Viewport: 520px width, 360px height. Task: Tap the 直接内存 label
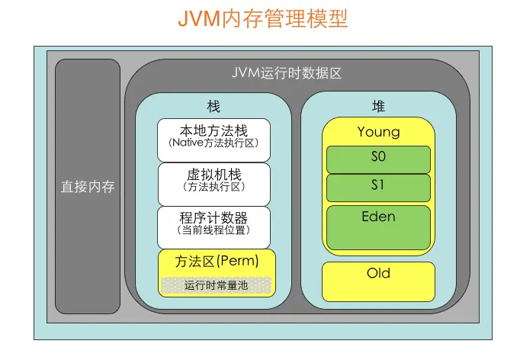point(88,186)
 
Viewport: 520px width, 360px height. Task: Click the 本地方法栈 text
point(213,130)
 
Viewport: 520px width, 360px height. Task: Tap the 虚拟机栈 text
point(213,174)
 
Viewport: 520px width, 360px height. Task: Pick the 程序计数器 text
point(213,217)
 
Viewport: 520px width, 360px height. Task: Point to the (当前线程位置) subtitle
point(213,230)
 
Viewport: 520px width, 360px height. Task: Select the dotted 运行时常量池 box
point(217,284)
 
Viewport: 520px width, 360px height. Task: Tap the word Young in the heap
point(378,132)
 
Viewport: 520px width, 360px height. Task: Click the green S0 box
point(378,159)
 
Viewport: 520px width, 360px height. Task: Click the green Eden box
point(378,227)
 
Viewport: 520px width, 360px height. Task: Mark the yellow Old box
point(378,281)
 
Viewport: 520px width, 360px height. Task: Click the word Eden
point(378,217)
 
